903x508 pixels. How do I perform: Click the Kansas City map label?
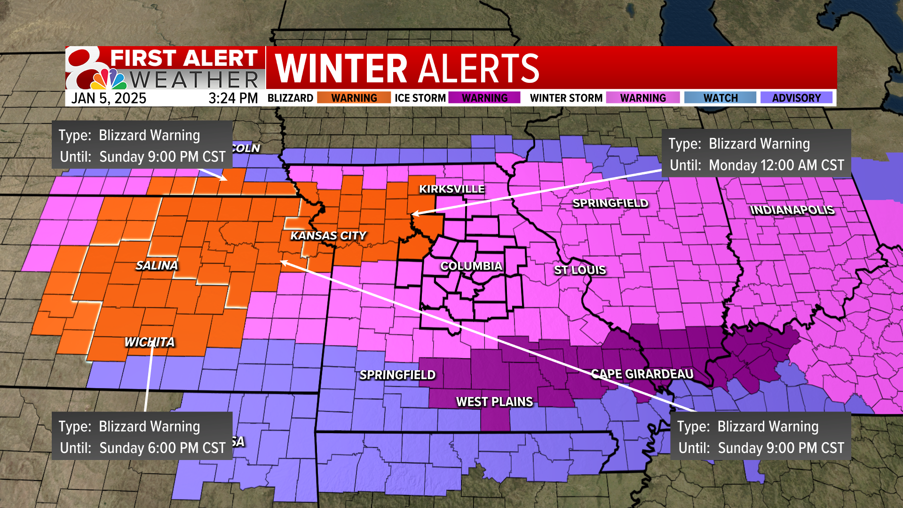328,236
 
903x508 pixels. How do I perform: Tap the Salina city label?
157,266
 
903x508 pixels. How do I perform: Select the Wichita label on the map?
150,342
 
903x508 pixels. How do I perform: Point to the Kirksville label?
451,189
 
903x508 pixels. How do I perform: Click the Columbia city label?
471,266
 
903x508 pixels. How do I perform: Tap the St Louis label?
580,270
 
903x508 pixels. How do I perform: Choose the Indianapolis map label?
792,210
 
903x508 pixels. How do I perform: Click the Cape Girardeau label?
642,374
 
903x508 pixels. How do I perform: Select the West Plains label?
494,402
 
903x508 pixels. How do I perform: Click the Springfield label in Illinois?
610,203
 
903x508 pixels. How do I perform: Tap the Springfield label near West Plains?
397,375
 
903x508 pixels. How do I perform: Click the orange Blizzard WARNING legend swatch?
354,98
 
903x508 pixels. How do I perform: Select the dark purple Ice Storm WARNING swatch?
484,98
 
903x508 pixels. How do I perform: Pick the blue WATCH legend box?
720,98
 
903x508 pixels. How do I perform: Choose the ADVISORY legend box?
796,98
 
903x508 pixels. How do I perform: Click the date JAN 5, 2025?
109,98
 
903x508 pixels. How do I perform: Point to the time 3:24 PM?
233,98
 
